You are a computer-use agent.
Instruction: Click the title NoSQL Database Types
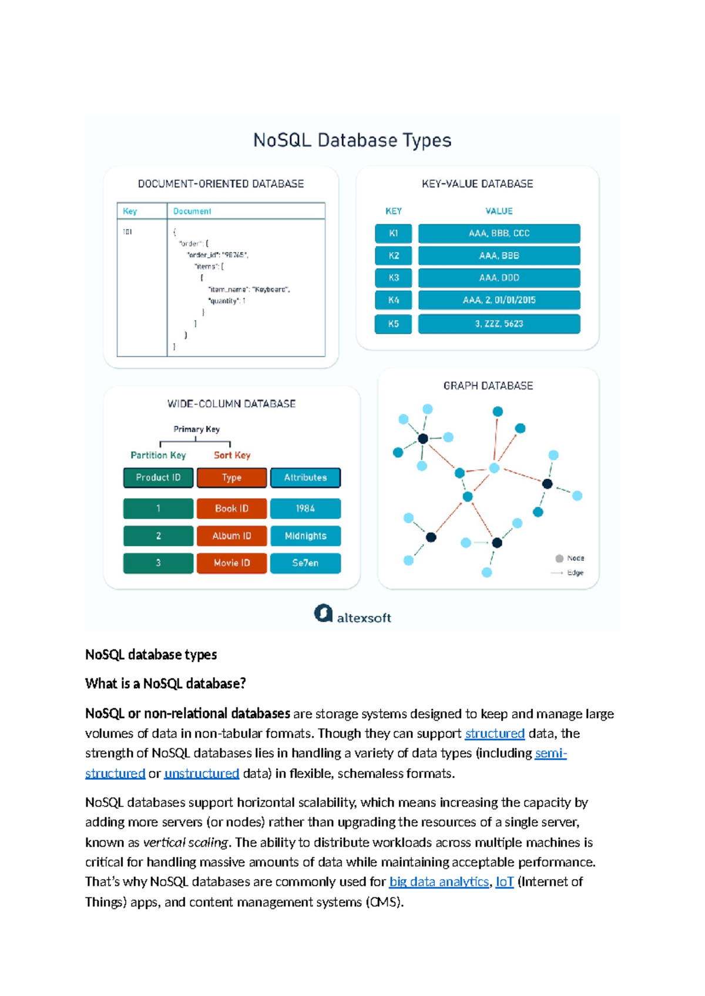(x=352, y=140)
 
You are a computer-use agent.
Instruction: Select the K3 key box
(x=393, y=278)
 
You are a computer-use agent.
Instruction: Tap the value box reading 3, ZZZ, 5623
(x=499, y=324)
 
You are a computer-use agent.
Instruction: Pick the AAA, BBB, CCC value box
(x=499, y=233)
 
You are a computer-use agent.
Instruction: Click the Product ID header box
(x=158, y=477)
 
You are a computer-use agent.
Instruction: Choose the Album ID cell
(x=231, y=536)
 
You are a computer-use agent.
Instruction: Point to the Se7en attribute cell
(x=305, y=563)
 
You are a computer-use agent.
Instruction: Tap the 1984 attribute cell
(x=305, y=509)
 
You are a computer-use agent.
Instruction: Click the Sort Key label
(x=231, y=455)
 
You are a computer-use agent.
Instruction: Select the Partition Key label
(x=158, y=455)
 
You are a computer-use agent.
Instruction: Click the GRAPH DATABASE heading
(x=488, y=386)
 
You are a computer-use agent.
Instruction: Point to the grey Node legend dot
(x=559, y=558)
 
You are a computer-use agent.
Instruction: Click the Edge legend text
(x=575, y=573)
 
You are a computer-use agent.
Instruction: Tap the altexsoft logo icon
(x=323, y=613)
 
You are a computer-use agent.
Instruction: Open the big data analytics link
(x=439, y=881)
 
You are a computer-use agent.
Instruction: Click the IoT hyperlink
(x=504, y=881)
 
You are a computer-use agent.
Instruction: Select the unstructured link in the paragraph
(x=202, y=773)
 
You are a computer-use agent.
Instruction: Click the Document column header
(x=192, y=211)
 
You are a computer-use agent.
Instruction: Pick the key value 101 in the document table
(x=127, y=232)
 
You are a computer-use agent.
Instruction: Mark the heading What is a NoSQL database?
(x=165, y=684)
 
